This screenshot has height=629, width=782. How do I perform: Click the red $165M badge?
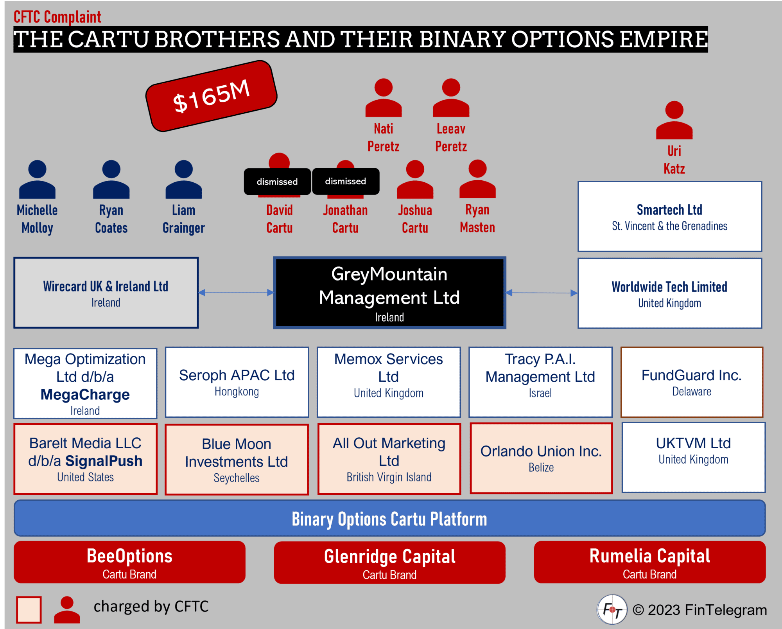[x=211, y=96]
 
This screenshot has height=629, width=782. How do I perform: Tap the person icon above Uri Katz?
[x=674, y=120]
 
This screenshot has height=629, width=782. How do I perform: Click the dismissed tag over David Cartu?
[x=277, y=182]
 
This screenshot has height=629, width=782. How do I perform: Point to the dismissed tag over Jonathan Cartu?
[x=346, y=181]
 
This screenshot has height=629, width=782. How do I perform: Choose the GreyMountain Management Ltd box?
[x=389, y=293]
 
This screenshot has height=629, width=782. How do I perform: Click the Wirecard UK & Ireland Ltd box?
[x=106, y=293]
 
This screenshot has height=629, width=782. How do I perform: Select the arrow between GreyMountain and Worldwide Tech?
[x=542, y=293]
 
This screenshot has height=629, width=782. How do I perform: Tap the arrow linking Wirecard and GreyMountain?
[x=236, y=293]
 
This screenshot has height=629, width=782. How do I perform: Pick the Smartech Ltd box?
[x=669, y=216]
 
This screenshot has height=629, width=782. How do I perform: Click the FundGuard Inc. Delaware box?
[x=692, y=382]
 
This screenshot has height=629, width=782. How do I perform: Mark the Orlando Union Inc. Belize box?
[x=541, y=458]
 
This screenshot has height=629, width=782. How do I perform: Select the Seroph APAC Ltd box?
[x=237, y=382]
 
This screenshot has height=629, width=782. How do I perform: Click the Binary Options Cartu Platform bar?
[x=389, y=518]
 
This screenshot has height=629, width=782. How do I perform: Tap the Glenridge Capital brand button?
[x=389, y=563]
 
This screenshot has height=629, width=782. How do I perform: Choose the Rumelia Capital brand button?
[x=649, y=562]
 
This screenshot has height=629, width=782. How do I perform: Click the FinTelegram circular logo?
[x=612, y=609]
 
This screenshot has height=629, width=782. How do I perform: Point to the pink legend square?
[x=29, y=609]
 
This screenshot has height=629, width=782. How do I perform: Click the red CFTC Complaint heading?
[x=57, y=17]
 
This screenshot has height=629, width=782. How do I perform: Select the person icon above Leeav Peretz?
[x=451, y=98]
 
